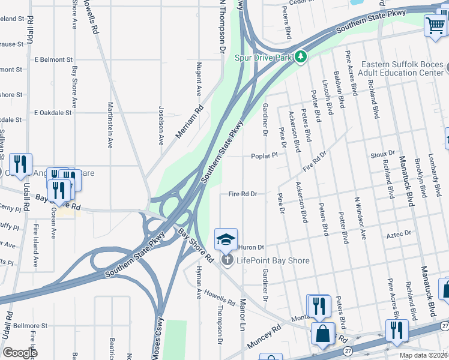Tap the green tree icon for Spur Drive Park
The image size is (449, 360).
[x=301, y=58]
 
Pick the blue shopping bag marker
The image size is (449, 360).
[x=323, y=335]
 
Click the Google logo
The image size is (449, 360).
[x=20, y=352]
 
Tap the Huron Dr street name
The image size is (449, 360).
[x=251, y=247]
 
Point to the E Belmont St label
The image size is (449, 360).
[x=53, y=60]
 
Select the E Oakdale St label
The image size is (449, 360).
[x=53, y=112]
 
